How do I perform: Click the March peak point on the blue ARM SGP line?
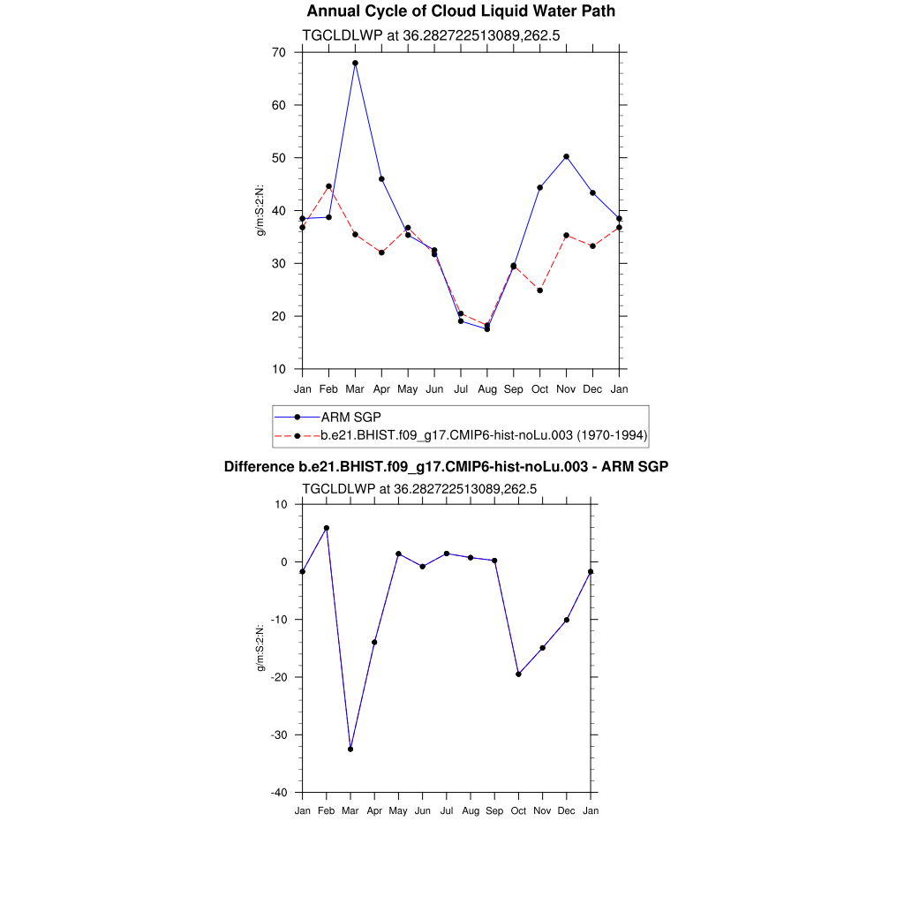355,63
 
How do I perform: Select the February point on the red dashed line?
328,186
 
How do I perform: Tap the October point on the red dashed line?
539,290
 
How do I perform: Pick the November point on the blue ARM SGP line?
566,156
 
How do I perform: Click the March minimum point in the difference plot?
350,749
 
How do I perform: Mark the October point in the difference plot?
518,674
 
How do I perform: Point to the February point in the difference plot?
327,528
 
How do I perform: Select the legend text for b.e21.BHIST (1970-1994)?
484,435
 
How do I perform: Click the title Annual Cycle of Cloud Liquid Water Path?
461,11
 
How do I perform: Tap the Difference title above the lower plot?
446,466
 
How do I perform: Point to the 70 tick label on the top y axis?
279,52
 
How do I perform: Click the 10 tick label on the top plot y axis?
279,369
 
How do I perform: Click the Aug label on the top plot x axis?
486,389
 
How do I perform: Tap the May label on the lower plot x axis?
398,810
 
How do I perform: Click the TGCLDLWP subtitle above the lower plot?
419,488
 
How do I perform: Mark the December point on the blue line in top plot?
592,192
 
